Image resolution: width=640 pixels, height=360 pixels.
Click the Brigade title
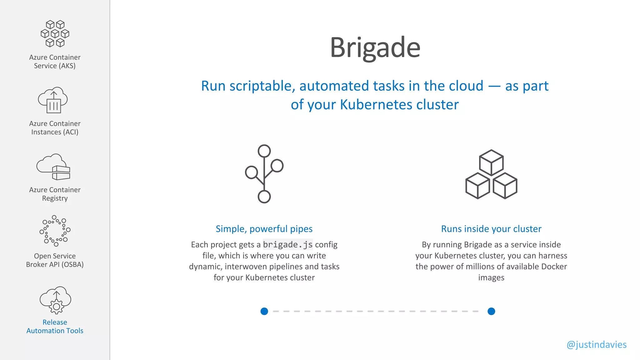click(375, 47)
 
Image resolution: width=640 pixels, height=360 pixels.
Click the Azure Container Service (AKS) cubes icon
click(55, 34)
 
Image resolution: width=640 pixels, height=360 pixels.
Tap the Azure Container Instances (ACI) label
click(55, 128)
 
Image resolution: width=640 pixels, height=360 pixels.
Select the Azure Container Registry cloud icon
click(53, 167)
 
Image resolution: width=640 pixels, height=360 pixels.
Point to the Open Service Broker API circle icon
click(55, 231)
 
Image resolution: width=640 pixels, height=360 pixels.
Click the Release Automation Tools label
click(55, 326)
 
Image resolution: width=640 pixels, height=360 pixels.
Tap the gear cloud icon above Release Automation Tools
click(56, 300)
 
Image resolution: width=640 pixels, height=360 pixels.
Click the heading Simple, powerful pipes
click(264, 229)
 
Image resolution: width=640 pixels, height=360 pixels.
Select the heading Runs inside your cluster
click(491, 229)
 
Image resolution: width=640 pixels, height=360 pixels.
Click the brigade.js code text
click(287, 244)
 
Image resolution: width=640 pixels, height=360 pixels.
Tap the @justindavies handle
click(596, 344)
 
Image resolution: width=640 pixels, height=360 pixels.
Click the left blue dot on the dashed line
click(264, 311)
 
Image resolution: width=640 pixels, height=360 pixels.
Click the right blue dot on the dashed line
click(491, 311)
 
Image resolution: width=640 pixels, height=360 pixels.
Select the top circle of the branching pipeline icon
click(264, 151)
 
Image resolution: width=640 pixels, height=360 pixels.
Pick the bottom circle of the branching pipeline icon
click(264, 197)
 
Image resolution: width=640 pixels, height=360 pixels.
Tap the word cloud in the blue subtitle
click(466, 86)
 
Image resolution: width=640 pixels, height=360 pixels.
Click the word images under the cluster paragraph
click(491, 277)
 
